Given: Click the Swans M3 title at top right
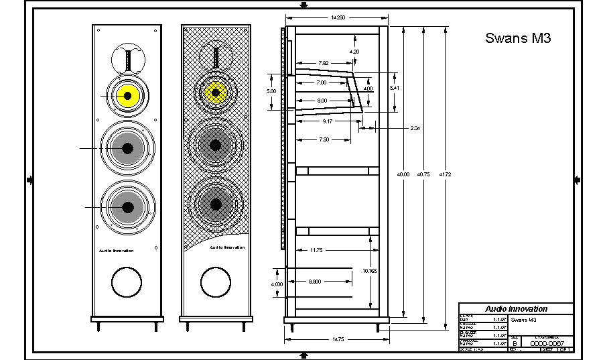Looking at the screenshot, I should click(x=517, y=39).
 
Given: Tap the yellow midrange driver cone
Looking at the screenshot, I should click(x=127, y=97).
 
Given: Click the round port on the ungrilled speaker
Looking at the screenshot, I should click(x=127, y=282).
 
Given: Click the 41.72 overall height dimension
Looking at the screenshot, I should click(x=445, y=174).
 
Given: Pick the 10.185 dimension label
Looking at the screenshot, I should click(x=370, y=271).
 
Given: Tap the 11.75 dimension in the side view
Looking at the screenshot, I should click(x=317, y=251).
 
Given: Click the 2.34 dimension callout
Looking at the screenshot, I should click(x=415, y=127).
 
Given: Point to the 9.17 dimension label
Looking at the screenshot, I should click(x=328, y=121).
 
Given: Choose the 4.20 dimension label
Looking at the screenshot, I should click(x=354, y=52).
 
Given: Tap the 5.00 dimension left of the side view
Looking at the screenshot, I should click(x=271, y=91).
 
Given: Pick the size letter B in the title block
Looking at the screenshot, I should click(x=514, y=343).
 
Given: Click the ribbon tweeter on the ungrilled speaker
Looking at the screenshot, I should click(x=127, y=59).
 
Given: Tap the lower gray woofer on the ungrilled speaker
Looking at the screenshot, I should click(x=127, y=208).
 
